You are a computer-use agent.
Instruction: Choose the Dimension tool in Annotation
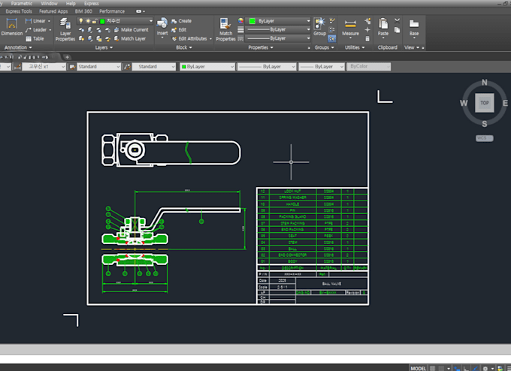coord(12,28)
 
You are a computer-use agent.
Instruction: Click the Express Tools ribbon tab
coord(18,11)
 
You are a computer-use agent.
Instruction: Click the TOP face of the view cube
coord(485,103)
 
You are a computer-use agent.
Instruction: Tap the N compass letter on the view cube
coord(485,83)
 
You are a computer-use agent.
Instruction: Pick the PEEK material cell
coord(328,236)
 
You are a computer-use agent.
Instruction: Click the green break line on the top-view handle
coord(190,152)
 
